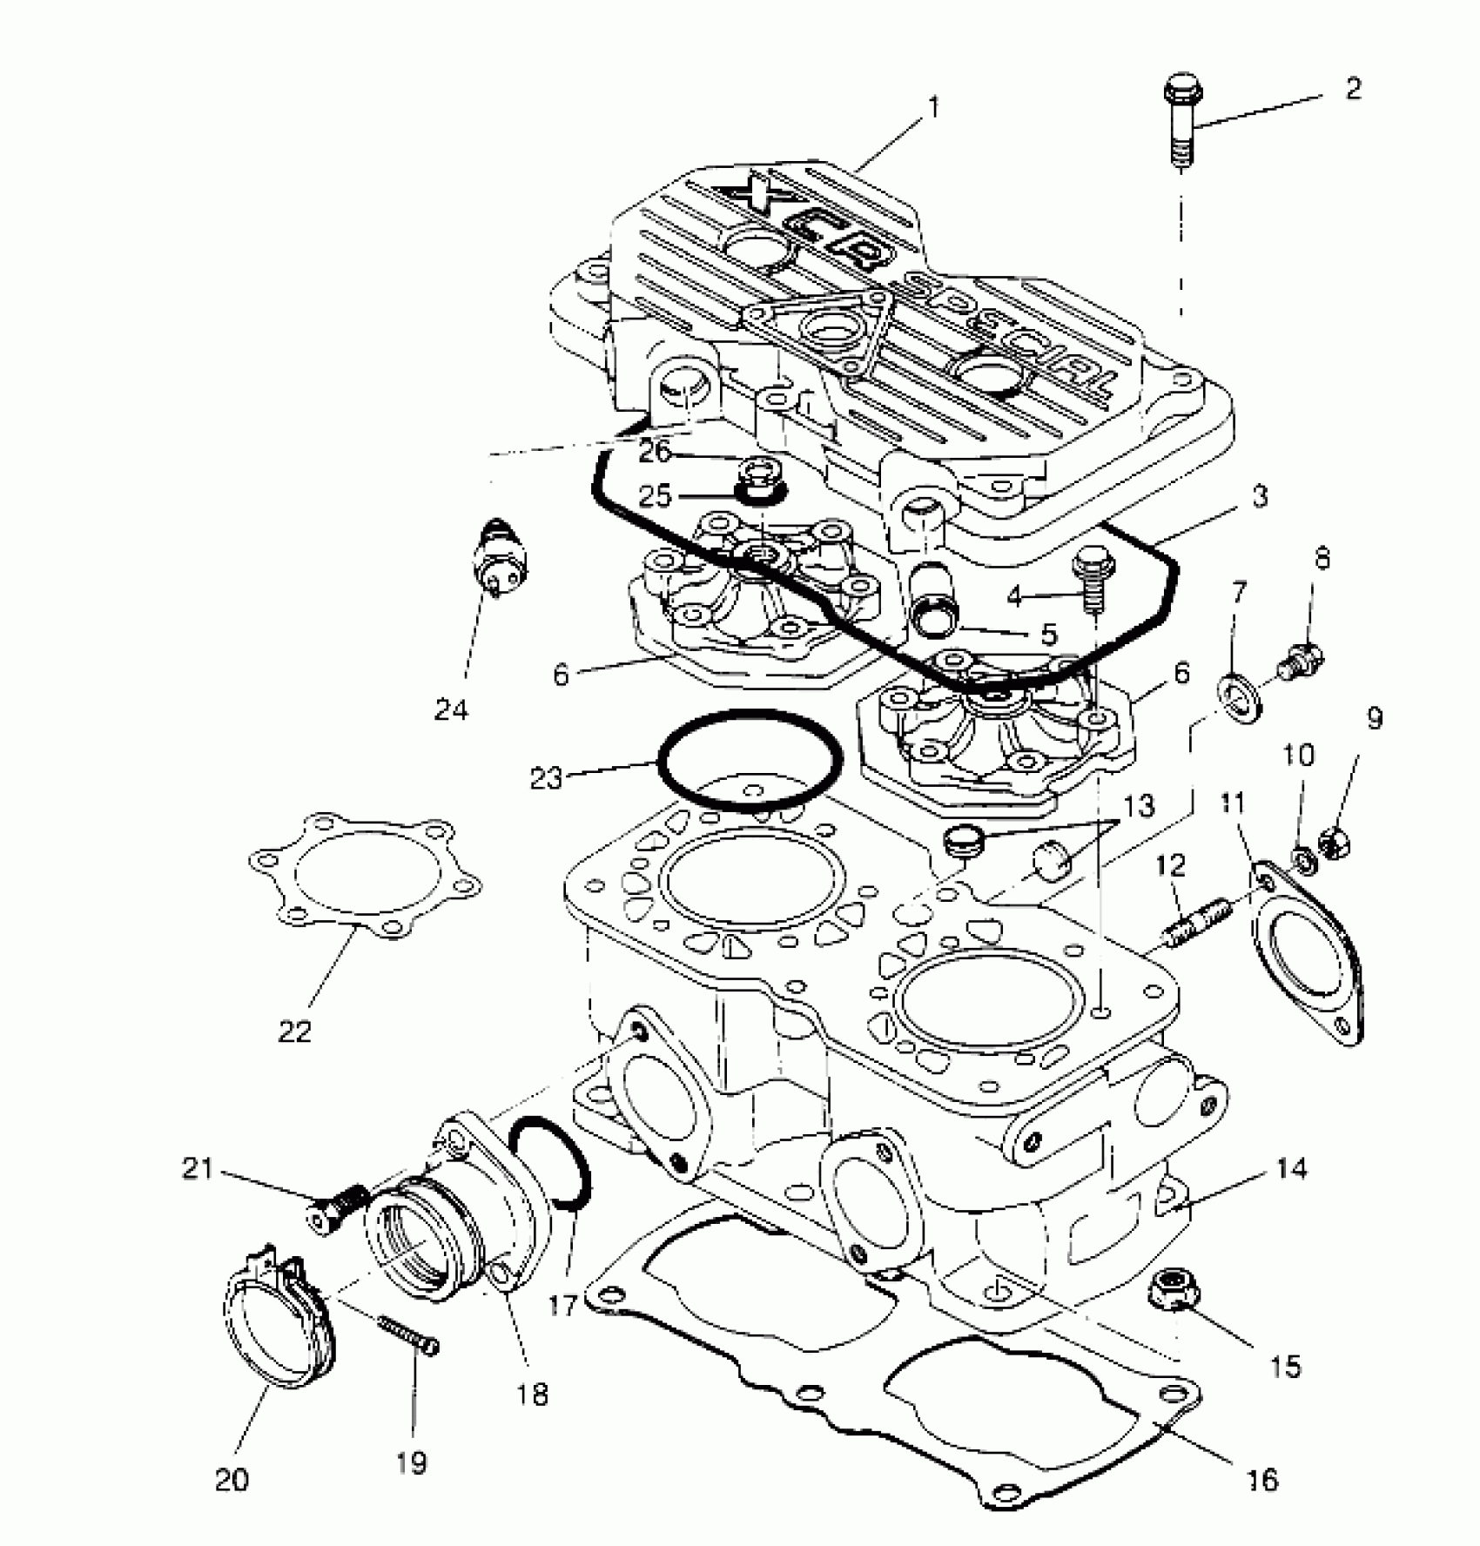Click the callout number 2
click(x=1352, y=89)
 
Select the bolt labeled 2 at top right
click(x=1181, y=122)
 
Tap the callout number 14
click(x=1292, y=1169)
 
